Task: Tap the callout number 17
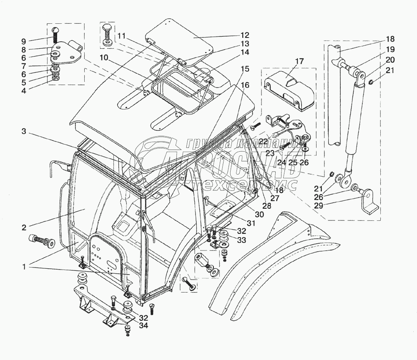click(x=300, y=62)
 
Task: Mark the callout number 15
click(x=245, y=68)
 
